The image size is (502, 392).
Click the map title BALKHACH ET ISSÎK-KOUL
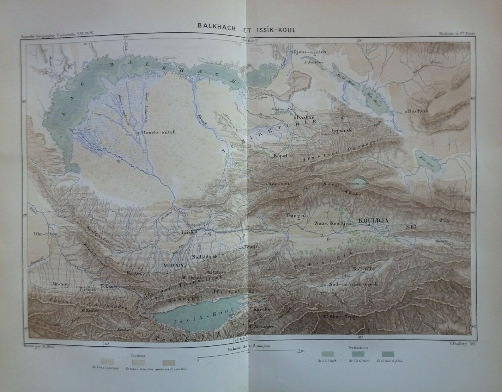click(247, 30)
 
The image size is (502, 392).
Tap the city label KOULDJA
click(373, 220)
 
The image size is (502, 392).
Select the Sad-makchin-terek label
click(353, 284)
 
